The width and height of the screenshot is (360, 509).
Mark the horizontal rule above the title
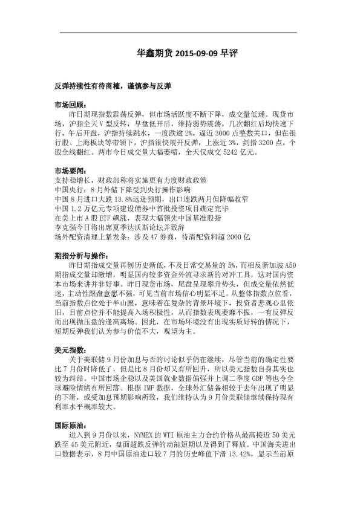coord(180,33)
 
